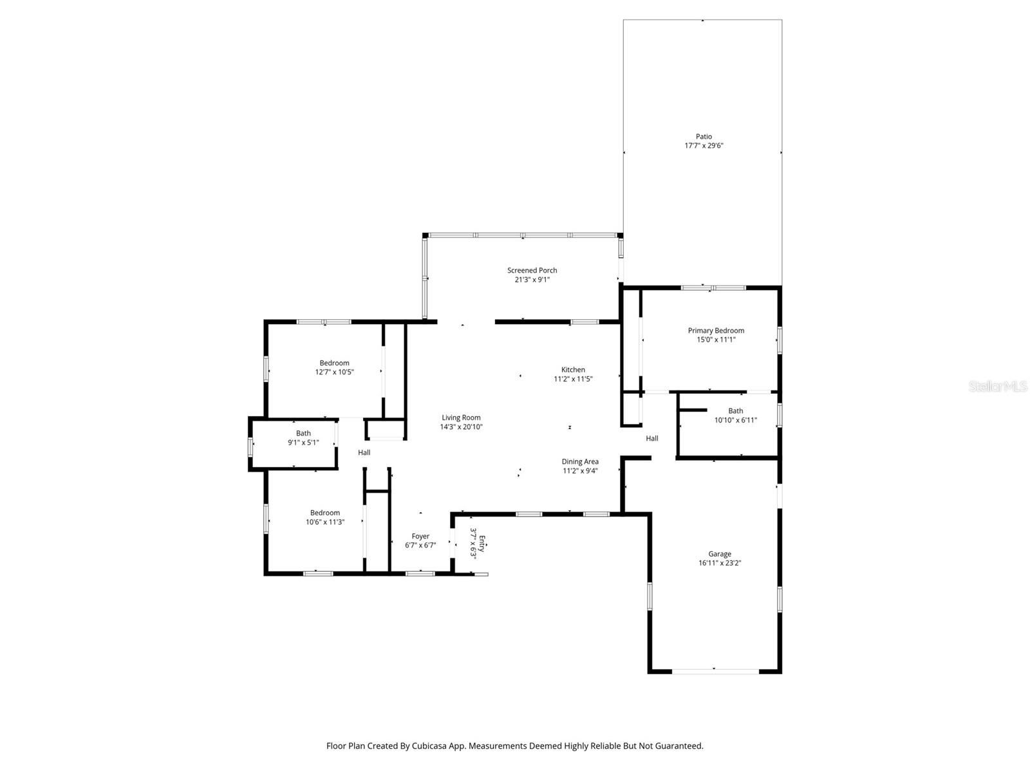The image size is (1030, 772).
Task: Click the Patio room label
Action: pos(704,136)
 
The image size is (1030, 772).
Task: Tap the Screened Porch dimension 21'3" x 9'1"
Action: pos(532,280)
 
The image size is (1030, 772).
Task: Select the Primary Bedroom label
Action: pos(716,331)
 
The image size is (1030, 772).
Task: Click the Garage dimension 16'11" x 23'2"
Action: pos(720,563)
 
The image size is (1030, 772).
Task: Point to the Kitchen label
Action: pos(573,370)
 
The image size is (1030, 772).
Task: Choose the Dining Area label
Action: pos(580,461)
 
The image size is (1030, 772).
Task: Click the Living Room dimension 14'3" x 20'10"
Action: pos(461,427)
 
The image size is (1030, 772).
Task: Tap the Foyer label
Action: pos(420,536)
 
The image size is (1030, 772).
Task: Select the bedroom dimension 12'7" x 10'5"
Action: pos(334,372)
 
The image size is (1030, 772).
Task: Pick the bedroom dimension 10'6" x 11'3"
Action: pos(324,522)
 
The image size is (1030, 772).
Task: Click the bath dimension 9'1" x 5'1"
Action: pos(303,442)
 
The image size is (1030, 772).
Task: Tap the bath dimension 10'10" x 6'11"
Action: pos(735,420)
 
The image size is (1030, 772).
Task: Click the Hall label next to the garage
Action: pos(652,438)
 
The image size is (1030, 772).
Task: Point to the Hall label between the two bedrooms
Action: pos(364,452)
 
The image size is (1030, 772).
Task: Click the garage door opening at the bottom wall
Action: pos(715,671)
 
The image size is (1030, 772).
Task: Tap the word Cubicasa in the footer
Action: pos(427,746)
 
